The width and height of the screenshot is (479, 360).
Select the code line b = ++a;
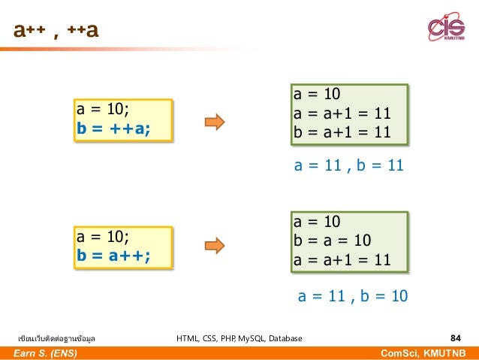(113, 129)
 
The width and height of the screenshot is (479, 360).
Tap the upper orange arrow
(215, 122)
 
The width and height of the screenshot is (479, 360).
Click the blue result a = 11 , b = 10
(353, 295)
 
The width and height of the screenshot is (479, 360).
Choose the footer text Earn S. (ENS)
(46, 352)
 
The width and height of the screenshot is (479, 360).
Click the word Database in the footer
(286, 338)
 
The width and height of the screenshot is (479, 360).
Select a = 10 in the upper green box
(317, 95)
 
